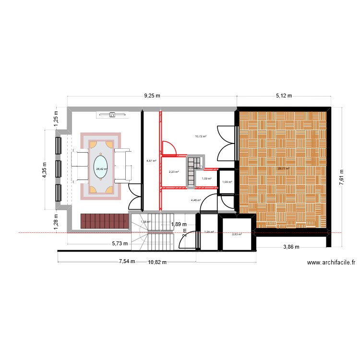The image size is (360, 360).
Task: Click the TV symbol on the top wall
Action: (113, 115)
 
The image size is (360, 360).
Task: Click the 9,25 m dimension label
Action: (153, 96)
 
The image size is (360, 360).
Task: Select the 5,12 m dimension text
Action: (284, 96)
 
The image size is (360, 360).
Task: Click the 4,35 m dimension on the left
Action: (45, 169)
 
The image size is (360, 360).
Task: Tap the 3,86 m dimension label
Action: (290, 247)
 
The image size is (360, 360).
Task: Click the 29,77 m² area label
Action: (283, 168)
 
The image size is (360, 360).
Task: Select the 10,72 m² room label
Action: (200, 136)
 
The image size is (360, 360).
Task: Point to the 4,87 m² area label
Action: (151, 161)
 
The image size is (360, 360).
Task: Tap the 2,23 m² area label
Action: (173, 172)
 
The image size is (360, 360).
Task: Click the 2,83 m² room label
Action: (237, 234)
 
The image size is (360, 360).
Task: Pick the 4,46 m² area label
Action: (195, 200)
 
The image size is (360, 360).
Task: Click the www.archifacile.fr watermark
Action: (331, 263)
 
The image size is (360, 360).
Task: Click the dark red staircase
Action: (105, 221)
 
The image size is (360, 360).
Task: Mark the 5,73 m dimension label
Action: (120, 243)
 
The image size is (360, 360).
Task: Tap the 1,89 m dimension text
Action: (179, 224)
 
